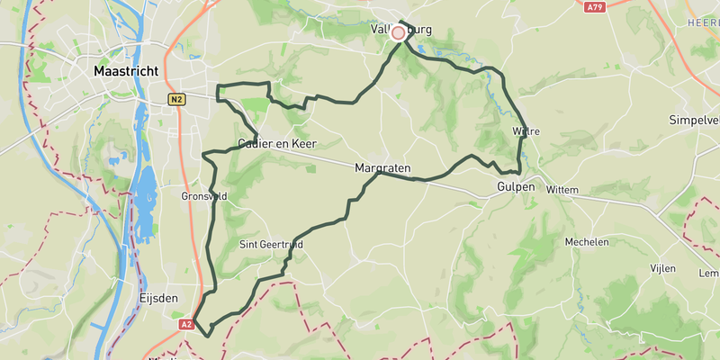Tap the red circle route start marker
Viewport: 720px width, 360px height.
pos(399,31)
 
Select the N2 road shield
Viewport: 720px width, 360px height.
pos(175,99)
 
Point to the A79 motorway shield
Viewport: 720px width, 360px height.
pos(592,7)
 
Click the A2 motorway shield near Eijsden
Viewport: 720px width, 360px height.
pos(186,324)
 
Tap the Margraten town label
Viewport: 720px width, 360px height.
pos(382,168)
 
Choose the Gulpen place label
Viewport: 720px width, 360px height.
pos(515,187)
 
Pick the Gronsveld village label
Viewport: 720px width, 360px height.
pos(203,196)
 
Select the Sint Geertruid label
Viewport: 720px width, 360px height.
pos(271,244)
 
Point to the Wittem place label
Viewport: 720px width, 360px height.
pos(561,190)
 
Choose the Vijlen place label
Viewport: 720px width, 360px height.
pos(663,269)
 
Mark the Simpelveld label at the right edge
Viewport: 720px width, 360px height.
pos(694,120)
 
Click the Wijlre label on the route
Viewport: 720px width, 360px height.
pos(526,131)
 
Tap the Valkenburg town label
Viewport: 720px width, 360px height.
pos(401,30)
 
